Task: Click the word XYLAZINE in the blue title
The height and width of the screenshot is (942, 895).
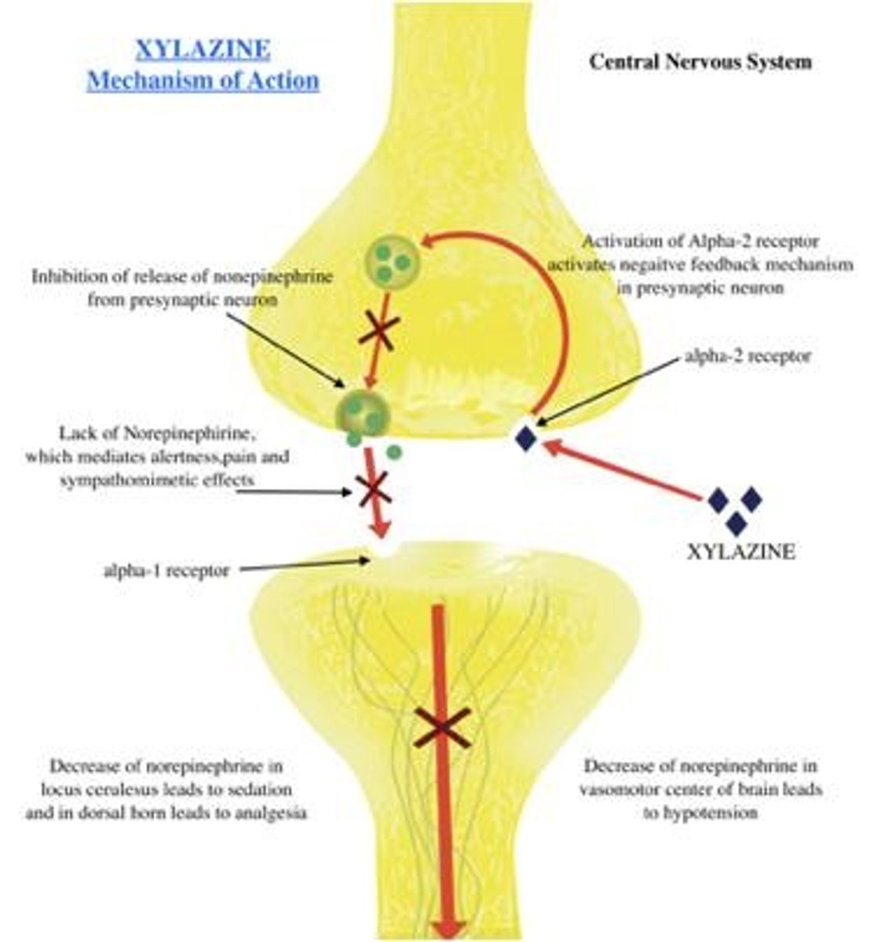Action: pyautogui.click(x=203, y=50)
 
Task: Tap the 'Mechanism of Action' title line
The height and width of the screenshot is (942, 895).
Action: pyautogui.click(x=203, y=81)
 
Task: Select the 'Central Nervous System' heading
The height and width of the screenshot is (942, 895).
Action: pyautogui.click(x=700, y=61)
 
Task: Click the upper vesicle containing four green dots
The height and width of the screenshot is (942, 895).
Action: pyautogui.click(x=391, y=263)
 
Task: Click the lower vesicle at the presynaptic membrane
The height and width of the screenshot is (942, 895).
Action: pyautogui.click(x=362, y=413)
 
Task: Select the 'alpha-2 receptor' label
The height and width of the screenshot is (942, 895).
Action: pyautogui.click(x=747, y=356)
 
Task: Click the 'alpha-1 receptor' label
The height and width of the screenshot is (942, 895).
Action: pyautogui.click(x=166, y=571)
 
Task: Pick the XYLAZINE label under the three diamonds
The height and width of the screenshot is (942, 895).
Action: pyautogui.click(x=740, y=552)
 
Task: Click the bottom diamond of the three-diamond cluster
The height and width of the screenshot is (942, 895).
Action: pyautogui.click(x=736, y=524)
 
